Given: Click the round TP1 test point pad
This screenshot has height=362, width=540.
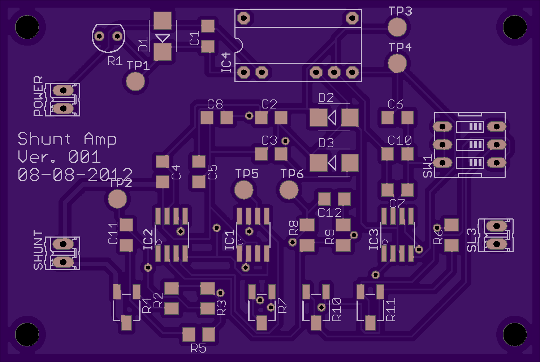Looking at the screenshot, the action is coord(135,82).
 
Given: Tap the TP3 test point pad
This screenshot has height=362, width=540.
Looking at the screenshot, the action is coord(397,27).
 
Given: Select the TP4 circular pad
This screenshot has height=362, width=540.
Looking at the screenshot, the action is coord(397,63).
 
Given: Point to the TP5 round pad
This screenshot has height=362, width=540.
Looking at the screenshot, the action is coord(244,190).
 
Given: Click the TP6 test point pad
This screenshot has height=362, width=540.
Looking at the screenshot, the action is coord(289,190).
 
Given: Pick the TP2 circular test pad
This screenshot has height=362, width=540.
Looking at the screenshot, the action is coord(117,199).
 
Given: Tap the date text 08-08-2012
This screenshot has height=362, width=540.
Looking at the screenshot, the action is coord(75,174).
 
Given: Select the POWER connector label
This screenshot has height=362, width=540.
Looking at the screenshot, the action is coord(38,96).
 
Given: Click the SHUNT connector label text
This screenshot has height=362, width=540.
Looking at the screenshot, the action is coord(38,250).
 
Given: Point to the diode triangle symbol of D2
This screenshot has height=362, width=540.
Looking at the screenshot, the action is coord(332,118).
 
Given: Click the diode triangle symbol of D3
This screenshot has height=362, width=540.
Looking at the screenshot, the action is coord(332,163).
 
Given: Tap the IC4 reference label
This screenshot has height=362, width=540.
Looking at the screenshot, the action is coord(226,63).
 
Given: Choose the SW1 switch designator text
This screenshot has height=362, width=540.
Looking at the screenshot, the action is coord(428,167).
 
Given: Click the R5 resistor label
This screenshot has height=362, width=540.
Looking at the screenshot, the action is coord(198,348).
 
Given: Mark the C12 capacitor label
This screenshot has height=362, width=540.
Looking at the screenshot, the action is coord(329,213).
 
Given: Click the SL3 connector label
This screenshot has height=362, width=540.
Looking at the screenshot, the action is coord(472,240).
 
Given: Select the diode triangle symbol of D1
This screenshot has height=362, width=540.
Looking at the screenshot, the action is coord(163,38).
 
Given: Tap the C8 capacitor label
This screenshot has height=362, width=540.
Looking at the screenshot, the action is coord(215,104).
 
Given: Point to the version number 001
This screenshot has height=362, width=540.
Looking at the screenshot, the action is coord(85,157).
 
